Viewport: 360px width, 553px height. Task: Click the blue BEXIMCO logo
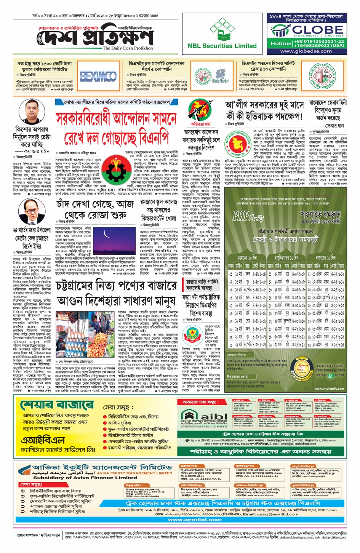[98, 76]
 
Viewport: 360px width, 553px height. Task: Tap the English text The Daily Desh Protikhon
[128, 48]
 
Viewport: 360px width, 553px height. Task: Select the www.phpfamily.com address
[329, 388]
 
